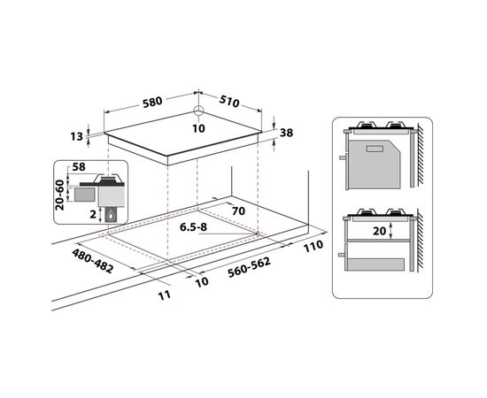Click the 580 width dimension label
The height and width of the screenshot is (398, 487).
coord(152,102)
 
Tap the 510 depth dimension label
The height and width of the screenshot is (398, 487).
coord(229,101)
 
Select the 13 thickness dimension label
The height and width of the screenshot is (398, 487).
coord(76,136)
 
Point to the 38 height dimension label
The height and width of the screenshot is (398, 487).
coord(286,133)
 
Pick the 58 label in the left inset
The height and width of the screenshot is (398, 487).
coord(79,167)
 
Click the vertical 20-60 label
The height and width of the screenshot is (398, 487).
coord(59,195)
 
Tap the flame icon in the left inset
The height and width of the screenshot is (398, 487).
coord(111,215)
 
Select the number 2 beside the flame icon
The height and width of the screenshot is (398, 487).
coord(93,214)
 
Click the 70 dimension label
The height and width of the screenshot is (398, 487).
coord(238,211)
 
